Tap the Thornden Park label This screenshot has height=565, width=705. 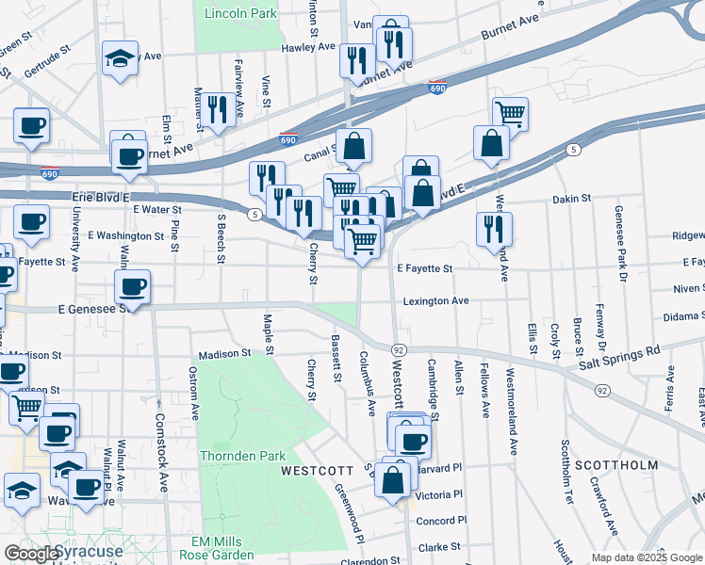coord(242,456)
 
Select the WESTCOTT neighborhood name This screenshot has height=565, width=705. coord(317,470)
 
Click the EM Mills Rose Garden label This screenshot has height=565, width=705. coord(222,548)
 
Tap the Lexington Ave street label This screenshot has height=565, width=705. coord(436,301)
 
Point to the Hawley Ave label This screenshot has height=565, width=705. coord(307,46)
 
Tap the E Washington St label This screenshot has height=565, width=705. coord(125,235)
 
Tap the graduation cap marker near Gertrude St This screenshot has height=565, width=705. coord(121,58)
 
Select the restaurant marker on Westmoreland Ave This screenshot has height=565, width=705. coord(494,229)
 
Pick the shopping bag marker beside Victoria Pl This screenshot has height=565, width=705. coord(393,480)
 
